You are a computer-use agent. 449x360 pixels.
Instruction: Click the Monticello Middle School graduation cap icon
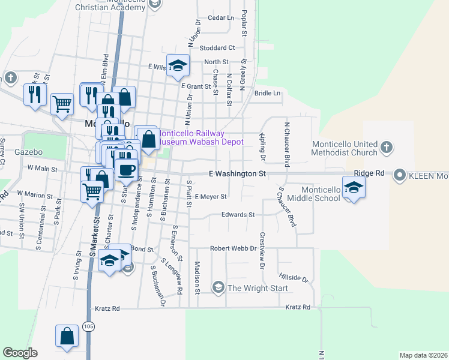(354, 187)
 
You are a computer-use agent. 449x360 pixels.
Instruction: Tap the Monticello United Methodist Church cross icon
(387, 146)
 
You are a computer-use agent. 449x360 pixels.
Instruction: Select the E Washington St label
(237, 173)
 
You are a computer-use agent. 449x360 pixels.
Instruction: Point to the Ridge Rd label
(369, 173)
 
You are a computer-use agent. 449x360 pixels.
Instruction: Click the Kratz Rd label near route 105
(107, 308)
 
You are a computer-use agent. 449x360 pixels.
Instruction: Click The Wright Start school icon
(218, 288)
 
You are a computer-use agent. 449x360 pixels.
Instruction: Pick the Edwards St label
(238, 214)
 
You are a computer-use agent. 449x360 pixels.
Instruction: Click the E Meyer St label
(210, 196)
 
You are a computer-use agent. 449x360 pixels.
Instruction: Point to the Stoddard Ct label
(217, 47)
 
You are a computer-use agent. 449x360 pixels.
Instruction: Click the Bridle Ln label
(267, 93)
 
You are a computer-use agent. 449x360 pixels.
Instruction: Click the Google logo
(20, 352)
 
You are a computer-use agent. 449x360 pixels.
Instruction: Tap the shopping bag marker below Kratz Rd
(67, 337)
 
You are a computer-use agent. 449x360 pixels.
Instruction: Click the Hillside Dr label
(294, 280)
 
